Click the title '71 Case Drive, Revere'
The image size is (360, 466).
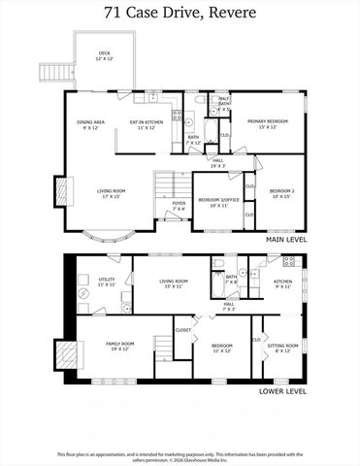click(180, 14)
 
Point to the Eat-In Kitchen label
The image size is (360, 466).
click(147, 124)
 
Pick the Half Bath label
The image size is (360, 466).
click(223, 101)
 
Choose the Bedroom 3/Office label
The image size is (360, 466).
click(213, 202)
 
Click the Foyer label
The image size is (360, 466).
click(179, 206)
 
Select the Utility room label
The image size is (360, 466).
click(107, 283)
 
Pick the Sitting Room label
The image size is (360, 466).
click(283, 348)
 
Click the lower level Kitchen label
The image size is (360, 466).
click(282, 283)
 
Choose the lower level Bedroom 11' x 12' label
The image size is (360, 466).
click(222, 348)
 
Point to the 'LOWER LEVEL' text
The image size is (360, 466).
click(283, 391)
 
